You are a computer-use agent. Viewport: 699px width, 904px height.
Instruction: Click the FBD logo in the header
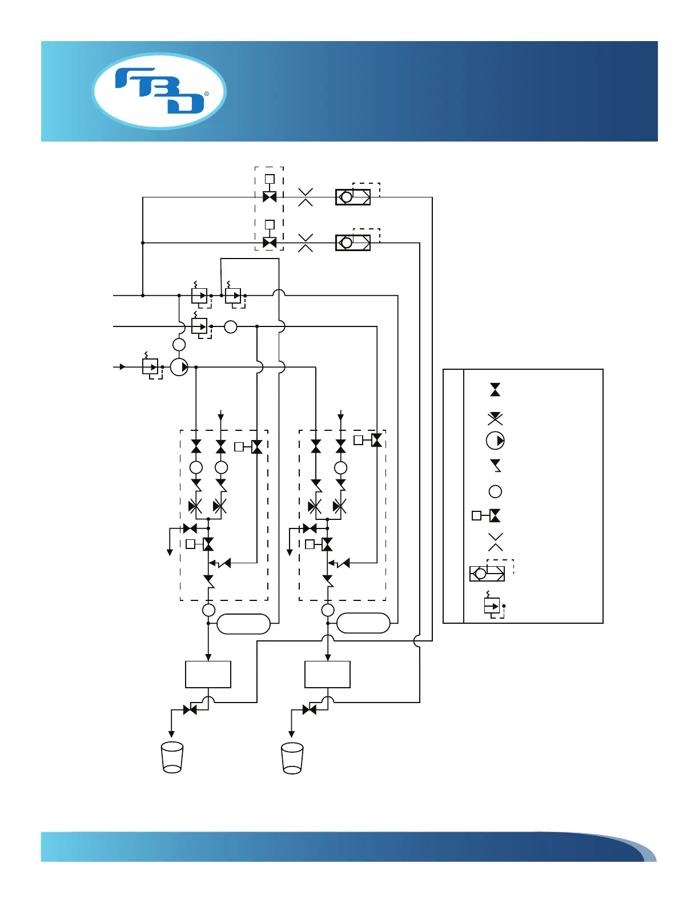pyautogui.click(x=159, y=91)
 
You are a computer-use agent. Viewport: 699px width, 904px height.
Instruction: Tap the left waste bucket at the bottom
pyautogui.click(x=172, y=757)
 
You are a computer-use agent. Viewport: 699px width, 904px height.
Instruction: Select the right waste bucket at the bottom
pyautogui.click(x=292, y=758)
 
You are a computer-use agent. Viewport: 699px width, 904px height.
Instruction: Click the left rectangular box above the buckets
pyautogui.click(x=208, y=675)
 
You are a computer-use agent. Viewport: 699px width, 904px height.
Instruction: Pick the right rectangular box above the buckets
pyautogui.click(x=327, y=675)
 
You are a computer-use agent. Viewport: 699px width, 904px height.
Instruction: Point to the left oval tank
pyautogui.click(x=244, y=624)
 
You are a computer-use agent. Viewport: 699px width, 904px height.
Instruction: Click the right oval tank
pyautogui.click(x=363, y=623)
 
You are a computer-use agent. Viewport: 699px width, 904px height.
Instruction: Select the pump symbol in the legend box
pyautogui.click(x=495, y=441)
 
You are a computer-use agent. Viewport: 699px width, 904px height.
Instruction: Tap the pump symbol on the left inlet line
pyautogui.click(x=179, y=367)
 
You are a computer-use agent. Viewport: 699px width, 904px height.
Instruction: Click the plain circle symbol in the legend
pyautogui.click(x=495, y=491)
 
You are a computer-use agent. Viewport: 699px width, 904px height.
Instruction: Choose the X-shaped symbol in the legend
pyautogui.click(x=495, y=542)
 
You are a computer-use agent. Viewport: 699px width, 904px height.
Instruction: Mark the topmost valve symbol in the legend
pyautogui.click(x=495, y=390)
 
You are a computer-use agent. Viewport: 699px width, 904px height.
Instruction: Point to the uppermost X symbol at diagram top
pyautogui.click(x=306, y=197)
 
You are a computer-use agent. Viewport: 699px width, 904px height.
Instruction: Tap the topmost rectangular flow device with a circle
pyautogui.click(x=352, y=197)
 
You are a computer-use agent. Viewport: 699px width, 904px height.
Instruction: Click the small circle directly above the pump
pyautogui.click(x=179, y=345)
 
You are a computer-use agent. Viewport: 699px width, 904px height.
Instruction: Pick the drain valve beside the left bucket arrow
pyautogui.click(x=190, y=710)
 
